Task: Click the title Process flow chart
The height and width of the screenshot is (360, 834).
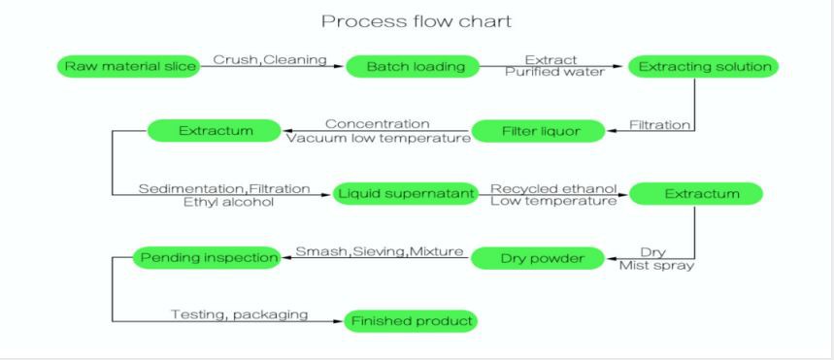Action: [x=417, y=21]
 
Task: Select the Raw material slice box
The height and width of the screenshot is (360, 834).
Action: [x=127, y=67]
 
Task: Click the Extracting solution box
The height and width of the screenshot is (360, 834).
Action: [x=704, y=67]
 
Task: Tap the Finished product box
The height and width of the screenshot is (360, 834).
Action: [x=411, y=321]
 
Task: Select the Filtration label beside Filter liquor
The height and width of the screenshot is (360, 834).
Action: [x=660, y=125]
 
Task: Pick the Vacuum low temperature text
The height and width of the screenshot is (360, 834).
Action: [x=378, y=138]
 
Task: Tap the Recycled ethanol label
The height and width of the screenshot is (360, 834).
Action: [x=553, y=188]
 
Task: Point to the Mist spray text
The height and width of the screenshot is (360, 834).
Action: [x=656, y=266]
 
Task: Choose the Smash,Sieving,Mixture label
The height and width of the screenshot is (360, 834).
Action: [x=380, y=252]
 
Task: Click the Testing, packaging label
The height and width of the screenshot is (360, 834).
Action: [x=240, y=314]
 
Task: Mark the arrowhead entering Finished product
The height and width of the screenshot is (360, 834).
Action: [x=339, y=321]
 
